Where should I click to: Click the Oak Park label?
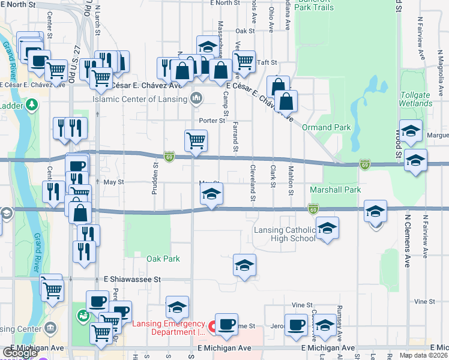pos(163,259)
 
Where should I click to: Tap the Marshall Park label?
pos(336,190)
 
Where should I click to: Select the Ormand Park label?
pos(326,127)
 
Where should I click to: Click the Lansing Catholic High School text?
pos(285,234)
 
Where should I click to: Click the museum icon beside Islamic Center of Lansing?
pos(196,98)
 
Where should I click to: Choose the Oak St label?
pos(246,31)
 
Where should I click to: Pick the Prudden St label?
pos(155,172)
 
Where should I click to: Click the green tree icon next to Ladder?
pos(30,106)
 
